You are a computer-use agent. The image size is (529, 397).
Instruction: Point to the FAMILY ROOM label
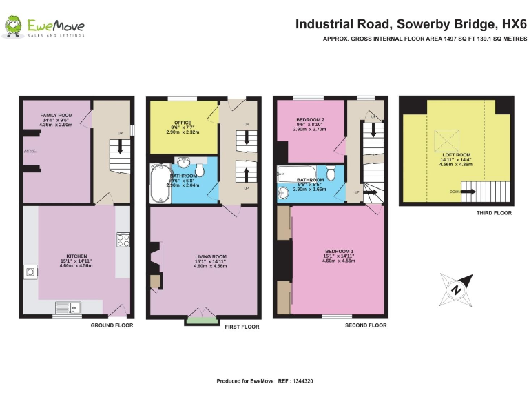(x=56, y=114)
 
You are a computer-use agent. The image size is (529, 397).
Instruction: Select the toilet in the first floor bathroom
(x=200, y=170)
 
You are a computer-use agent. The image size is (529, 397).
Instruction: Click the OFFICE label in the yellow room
(x=183, y=123)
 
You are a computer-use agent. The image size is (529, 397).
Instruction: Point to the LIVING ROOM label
(x=210, y=257)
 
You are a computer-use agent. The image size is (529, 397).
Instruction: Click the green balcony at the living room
(x=200, y=319)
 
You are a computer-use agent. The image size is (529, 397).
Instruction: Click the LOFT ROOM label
(x=456, y=155)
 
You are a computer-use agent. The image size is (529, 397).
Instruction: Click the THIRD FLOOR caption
(x=494, y=214)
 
